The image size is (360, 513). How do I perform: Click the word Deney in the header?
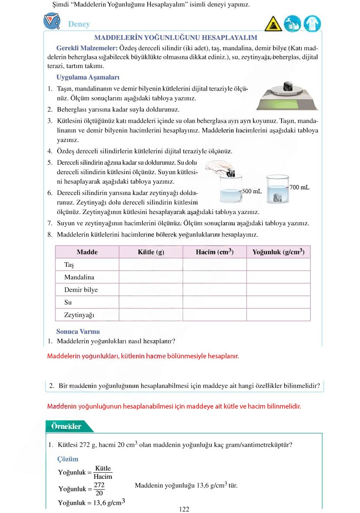click(x=79, y=24)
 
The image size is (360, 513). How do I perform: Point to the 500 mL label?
click(x=252, y=191)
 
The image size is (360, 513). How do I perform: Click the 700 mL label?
click(x=299, y=187)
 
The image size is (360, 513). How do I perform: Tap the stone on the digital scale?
click(x=287, y=86)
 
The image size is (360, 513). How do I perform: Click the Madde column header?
click(x=87, y=252)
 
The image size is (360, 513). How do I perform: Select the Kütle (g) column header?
click(x=151, y=252)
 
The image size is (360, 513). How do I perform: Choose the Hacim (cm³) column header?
click(x=214, y=252)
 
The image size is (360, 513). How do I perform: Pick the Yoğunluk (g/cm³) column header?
click(x=278, y=252)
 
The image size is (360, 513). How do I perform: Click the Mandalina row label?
click(x=79, y=277)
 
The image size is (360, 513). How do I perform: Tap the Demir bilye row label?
click(x=81, y=290)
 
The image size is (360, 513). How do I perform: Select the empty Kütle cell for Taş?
click(x=151, y=265)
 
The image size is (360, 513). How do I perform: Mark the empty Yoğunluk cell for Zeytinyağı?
click(x=278, y=315)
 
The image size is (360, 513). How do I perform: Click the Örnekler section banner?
click(x=66, y=426)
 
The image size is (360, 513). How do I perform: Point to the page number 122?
click(x=184, y=509)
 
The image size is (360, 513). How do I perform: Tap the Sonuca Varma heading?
click(x=78, y=331)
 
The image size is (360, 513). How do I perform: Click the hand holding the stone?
click(x=219, y=166)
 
